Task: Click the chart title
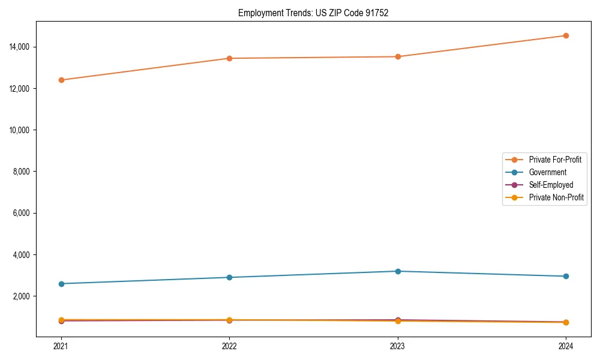[x=313, y=13]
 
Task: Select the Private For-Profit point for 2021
[x=61, y=80]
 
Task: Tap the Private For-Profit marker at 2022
[x=229, y=58]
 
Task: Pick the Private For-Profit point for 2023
[x=398, y=56]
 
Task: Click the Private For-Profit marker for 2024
[x=566, y=35]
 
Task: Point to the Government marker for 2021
[x=61, y=284]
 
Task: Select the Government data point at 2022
[x=229, y=277]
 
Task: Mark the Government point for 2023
[x=398, y=271]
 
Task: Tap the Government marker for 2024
[x=566, y=276]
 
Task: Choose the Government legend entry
[x=547, y=172]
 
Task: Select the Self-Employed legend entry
[x=551, y=185]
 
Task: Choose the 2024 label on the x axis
[x=566, y=346]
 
